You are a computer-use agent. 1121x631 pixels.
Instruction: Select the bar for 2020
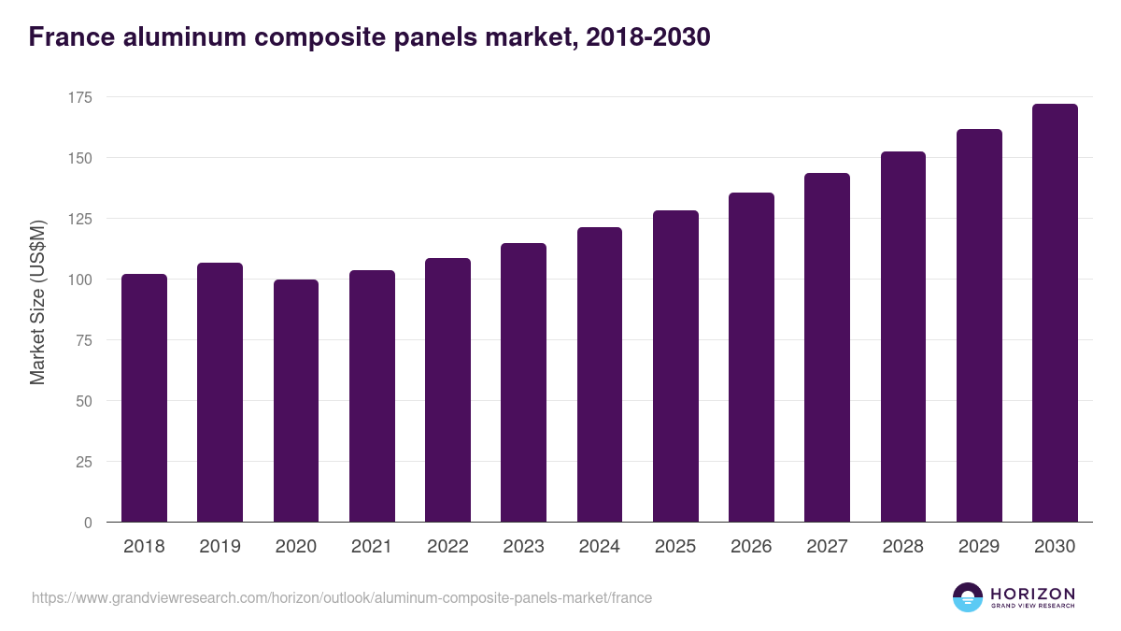[x=296, y=401]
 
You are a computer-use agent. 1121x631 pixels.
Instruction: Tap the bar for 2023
[x=523, y=382]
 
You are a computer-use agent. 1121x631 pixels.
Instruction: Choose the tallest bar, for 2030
[x=1055, y=313]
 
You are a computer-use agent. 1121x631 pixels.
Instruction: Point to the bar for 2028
[x=902, y=337]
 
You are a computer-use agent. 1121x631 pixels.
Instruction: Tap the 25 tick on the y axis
[x=84, y=462]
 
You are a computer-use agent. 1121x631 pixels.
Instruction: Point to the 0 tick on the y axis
[x=88, y=523]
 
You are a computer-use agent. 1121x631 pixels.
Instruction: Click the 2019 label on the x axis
[x=220, y=547]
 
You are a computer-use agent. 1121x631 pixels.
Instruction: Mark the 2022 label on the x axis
[x=447, y=547]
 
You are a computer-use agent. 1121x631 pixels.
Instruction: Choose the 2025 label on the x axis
[x=675, y=547]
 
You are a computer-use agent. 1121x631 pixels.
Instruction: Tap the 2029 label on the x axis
[x=979, y=547]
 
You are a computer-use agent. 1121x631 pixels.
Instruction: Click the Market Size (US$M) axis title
[x=37, y=301]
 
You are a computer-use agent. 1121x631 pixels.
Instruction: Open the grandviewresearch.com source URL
[x=342, y=597]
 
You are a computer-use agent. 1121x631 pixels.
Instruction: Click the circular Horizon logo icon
[x=968, y=597]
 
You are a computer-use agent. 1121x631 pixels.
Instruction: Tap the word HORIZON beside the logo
[x=1032, y=594]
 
